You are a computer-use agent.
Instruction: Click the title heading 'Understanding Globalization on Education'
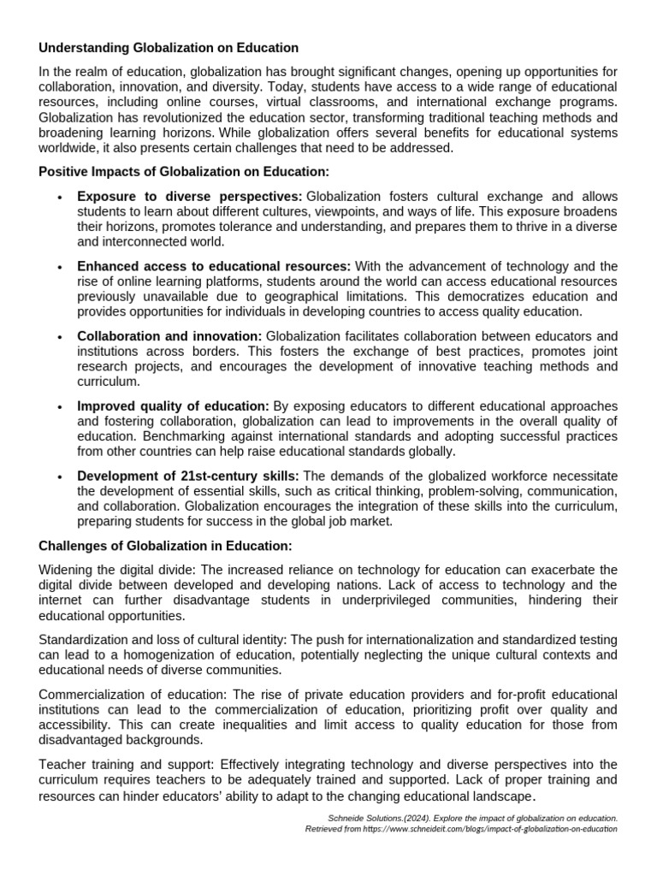pos(169,48)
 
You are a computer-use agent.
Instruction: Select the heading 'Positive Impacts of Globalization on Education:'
pos(184,172)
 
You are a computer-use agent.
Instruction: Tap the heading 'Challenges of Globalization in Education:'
pos(166,546)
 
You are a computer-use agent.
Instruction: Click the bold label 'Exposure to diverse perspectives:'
pos(190,197)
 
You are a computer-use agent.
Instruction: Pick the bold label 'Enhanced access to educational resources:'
pos(214,266)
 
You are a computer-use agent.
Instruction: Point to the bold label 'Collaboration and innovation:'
pos(169,336)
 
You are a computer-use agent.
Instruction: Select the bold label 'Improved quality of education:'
pos(173,405)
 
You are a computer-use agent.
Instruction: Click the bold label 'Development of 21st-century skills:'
pos(187,476)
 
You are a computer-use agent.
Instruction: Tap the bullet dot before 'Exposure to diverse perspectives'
pos(59,198)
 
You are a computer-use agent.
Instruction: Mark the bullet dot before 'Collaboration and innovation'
pos(59,337)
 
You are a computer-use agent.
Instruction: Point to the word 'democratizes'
pos(471,297)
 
